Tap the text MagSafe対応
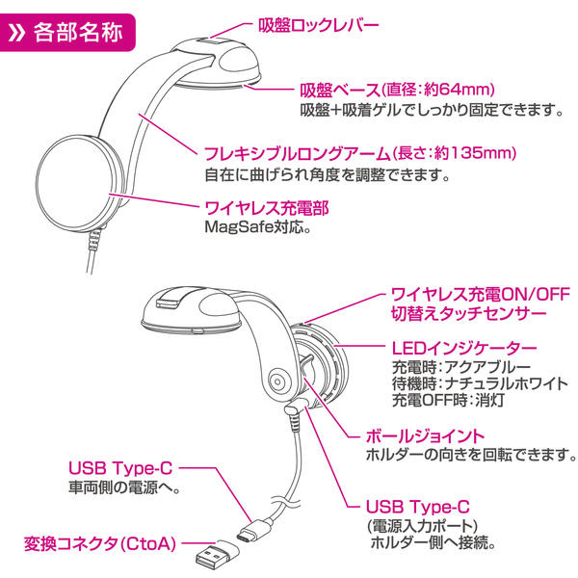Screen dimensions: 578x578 point(256,229)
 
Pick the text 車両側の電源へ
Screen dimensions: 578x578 point(125,489)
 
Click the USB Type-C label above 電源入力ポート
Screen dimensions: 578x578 point(419,506)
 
